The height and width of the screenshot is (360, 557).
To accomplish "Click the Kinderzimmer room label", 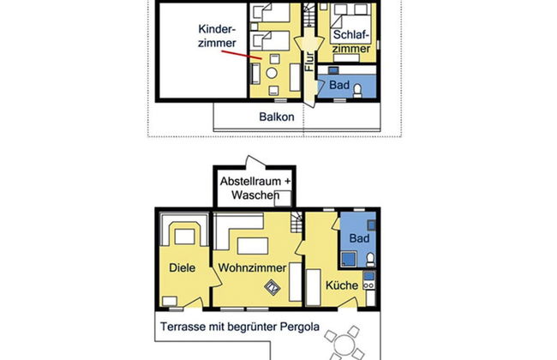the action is pyautogui.click(x=217, y=36).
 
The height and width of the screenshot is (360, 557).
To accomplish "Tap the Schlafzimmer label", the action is pyautogui.click(x=351, y=42).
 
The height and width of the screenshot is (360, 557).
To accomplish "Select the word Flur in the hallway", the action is pyautogui.click(x=309, y=61).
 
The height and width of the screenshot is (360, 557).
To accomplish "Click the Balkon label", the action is pyautogui.click(x=277, y=117).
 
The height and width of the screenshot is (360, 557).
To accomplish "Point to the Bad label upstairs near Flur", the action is pyautogui.click(x=339, y=85).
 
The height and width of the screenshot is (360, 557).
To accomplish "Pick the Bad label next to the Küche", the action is pyautogui.click(x=359, y=238).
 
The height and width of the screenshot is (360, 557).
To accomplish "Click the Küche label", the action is pyautogui.click(x=342, y=285).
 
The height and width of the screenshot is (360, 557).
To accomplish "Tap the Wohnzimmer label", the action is pyautogui.click(x=252, y=267).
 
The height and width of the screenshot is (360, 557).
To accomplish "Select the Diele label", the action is pyautogui.click(x=183, y=267).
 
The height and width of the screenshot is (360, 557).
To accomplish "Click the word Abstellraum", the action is pyautogui.click(x=250, y=181).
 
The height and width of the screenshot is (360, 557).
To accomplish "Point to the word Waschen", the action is pyautogui.click(x=255, y=195).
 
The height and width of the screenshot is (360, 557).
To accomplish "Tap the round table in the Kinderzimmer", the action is pyautogui.click(x=272, y=73).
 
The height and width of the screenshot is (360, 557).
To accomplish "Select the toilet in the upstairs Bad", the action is pyautogui.click(x=357, y=91).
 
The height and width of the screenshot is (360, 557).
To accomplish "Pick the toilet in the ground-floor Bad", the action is pyautogui.click(x=370, y=260).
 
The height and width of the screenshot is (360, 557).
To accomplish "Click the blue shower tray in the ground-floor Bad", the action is pyautogui.click(x=349, y=259).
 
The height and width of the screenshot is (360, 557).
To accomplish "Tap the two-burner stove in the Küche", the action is pyautogui.click(x=369, y=285).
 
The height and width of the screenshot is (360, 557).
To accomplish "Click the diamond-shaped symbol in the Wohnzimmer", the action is pyautogui.click(x=273, y=288).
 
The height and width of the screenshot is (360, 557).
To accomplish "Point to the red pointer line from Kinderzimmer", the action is pyautogui.click(x=242, y=55).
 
